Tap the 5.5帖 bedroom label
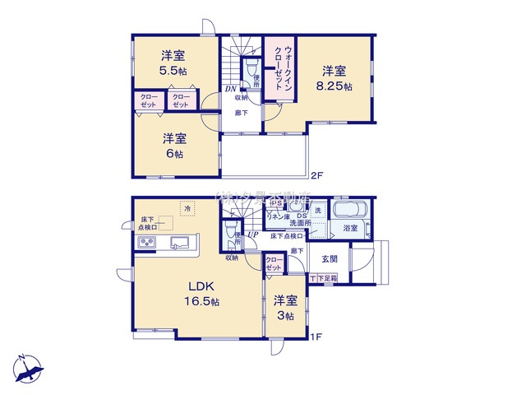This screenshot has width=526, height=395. (172, 63)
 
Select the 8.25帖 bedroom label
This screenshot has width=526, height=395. (337, 78)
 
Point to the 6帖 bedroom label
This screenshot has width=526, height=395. (172, 146)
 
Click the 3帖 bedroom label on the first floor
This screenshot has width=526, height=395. (285, 309)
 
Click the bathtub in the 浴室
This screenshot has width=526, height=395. (349, 211)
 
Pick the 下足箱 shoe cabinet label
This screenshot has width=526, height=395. (326, 280)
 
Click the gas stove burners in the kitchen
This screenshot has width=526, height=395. (148, 242)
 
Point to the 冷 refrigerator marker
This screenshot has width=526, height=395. (187, 208)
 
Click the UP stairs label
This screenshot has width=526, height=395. (253, 236)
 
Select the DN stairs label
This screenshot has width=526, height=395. (232, 90)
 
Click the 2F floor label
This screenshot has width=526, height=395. (317, 175)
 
